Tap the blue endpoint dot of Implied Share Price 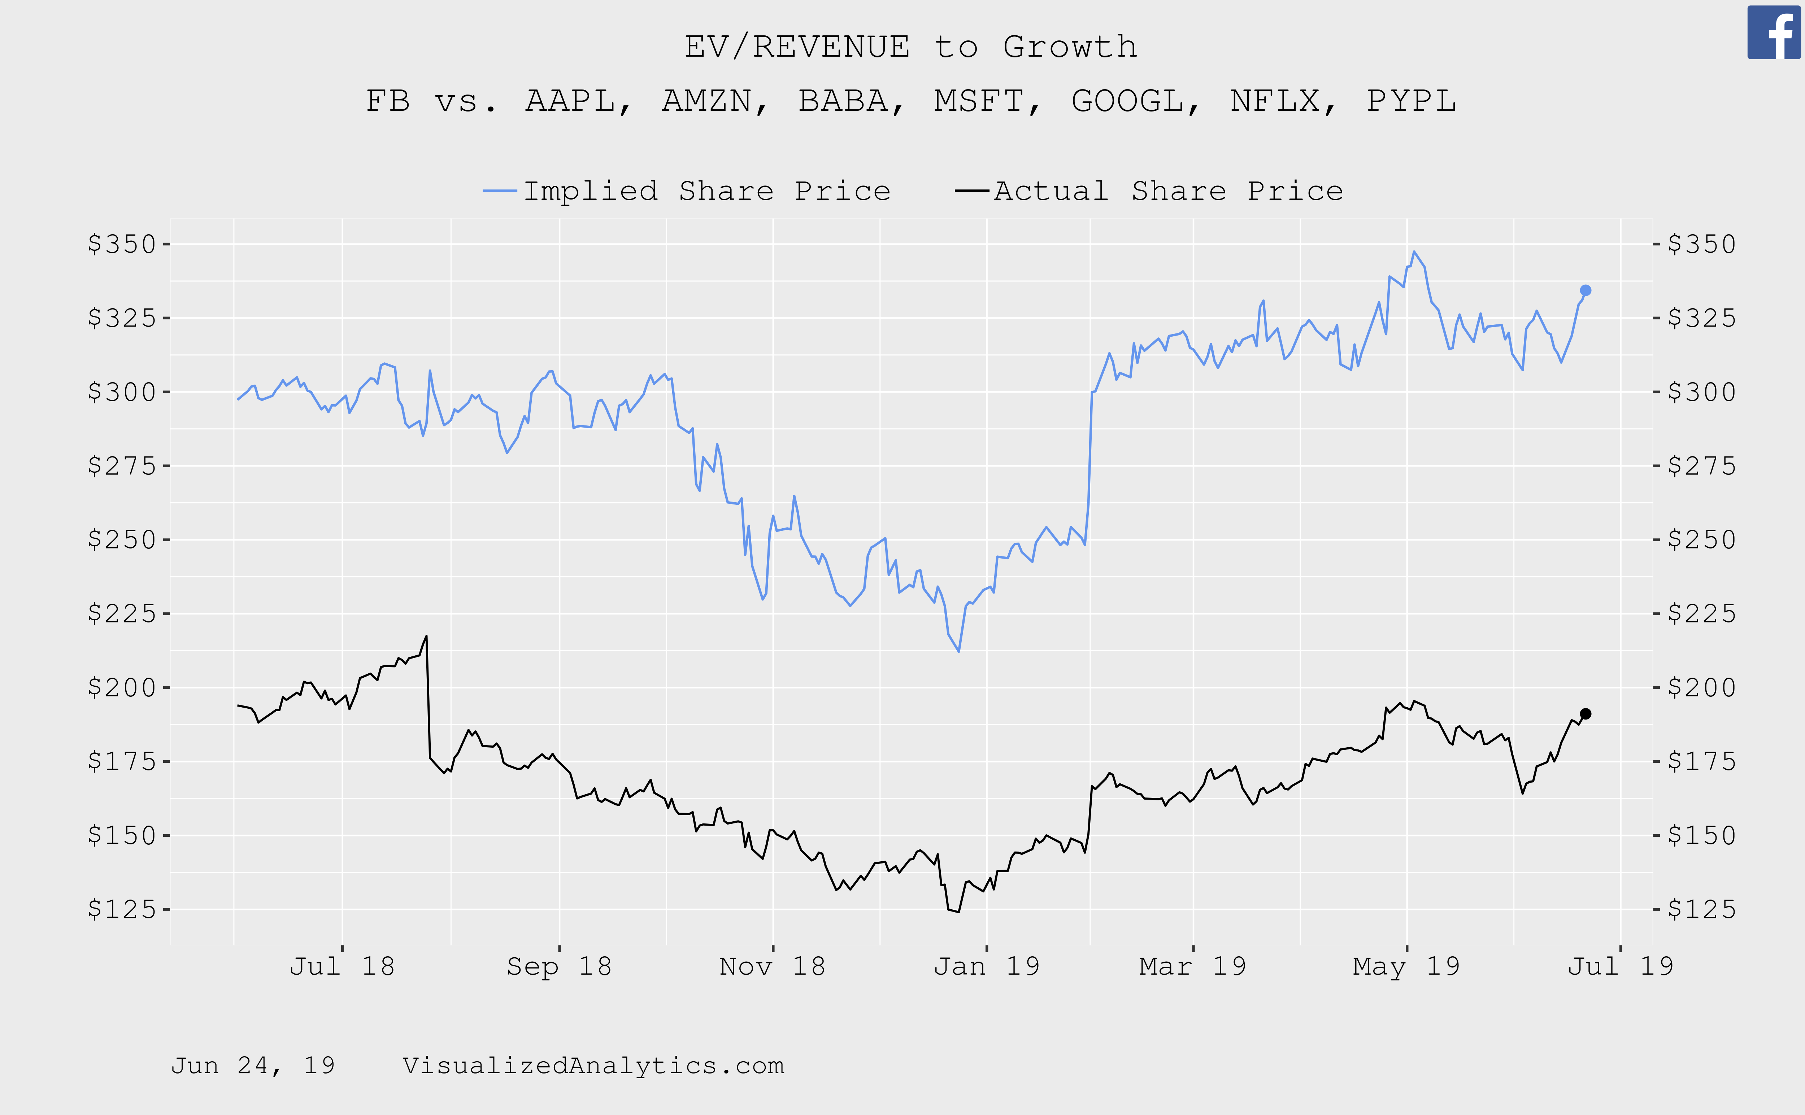coord(1585,290)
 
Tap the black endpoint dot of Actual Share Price coord(1585,714)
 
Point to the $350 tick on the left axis coord(122,244)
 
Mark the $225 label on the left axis coord(122,613)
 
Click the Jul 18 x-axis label coord(342,966)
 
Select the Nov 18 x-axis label coord(772,966)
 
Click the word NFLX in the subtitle coord(1275,101)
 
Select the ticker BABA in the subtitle coord(843,101)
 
